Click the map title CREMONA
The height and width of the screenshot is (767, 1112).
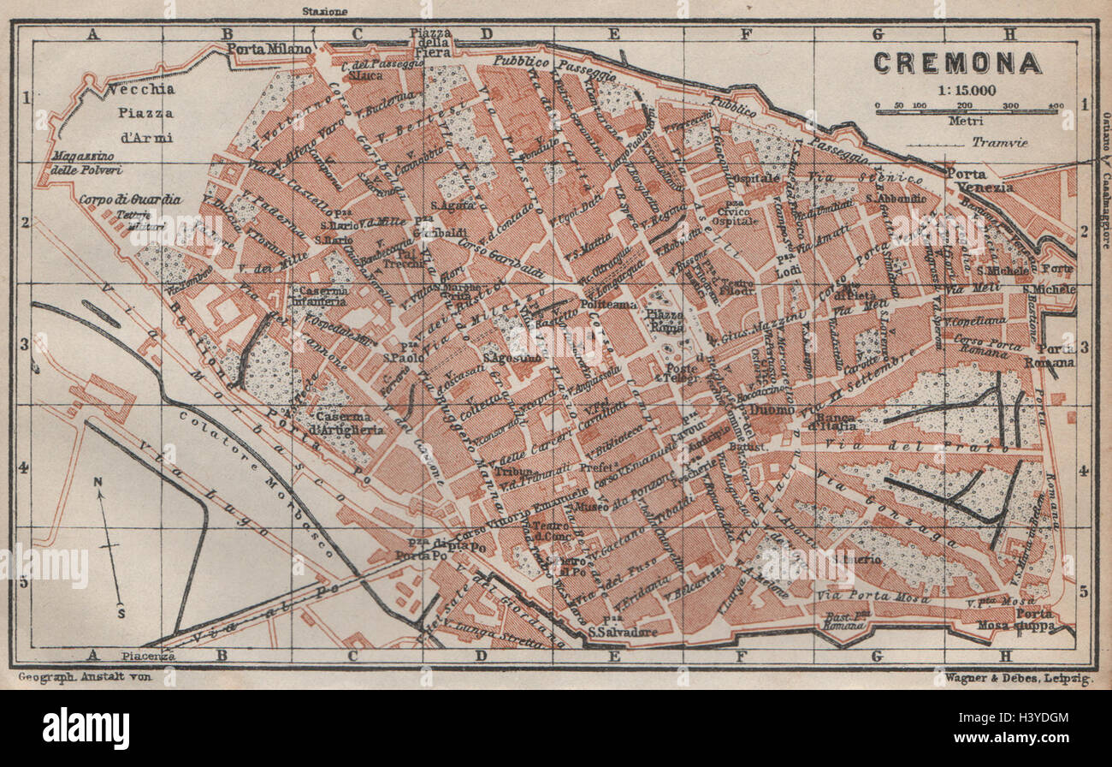click(956, 63)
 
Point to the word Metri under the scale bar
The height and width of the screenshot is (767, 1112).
click(966, 120)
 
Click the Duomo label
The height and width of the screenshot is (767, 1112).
click(768, 410)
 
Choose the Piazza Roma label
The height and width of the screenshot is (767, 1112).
click(665, 320)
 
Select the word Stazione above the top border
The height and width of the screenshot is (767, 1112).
click(325, 11)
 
